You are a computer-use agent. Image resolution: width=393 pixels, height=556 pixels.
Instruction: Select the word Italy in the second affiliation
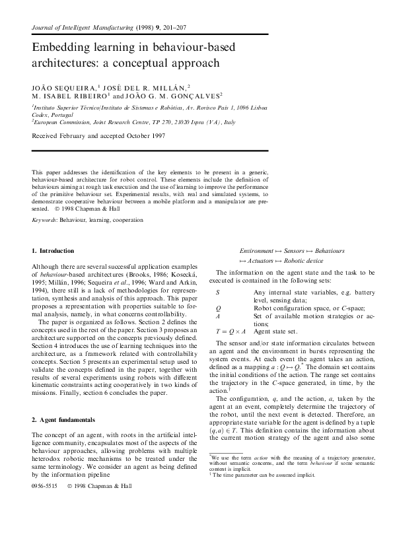click(229, 122)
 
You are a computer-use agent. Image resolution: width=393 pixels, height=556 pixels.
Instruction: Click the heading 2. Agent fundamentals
click(63, 419)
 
